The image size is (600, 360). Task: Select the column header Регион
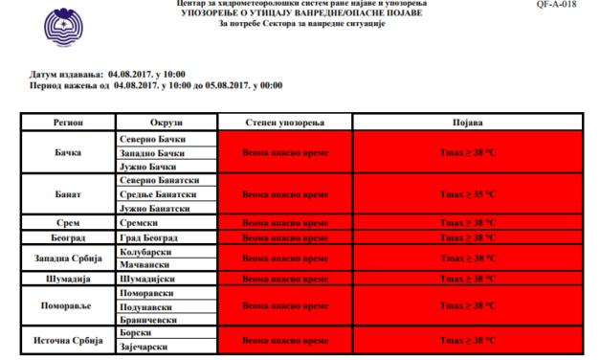67,124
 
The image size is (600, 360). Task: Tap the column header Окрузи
167,124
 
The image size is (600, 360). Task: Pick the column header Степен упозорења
285,124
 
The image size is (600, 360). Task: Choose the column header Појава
466,124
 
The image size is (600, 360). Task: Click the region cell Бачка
67,153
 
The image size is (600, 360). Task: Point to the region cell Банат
67,193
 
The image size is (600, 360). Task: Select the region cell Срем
67,222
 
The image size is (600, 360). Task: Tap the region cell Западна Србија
67,258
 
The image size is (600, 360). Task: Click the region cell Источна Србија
67,341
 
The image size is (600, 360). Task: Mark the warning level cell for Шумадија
285,278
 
